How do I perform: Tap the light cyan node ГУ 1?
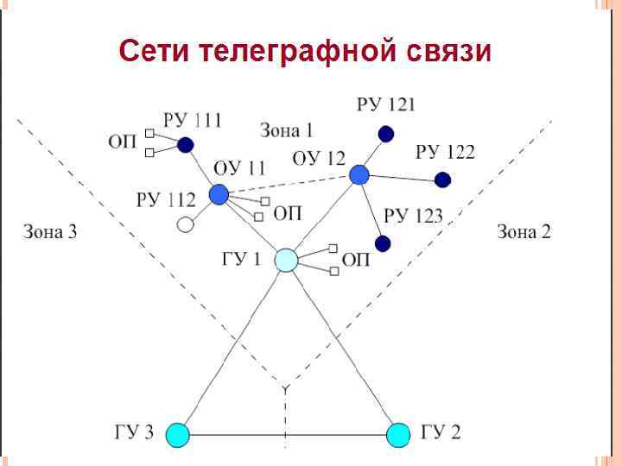click(287, 260)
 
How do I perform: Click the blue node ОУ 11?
click(219, 194)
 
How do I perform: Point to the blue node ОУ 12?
click(359, 175)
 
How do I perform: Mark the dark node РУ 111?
click(186, 145)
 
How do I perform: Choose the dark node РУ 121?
click(386, 134)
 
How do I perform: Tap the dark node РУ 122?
click(442, 179)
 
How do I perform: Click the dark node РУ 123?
click(383, 242)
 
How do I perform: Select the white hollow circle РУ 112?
click(185, 225)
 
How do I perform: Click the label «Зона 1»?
click(286, 130)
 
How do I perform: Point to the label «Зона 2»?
click(524, 231)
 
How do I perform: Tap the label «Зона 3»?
click(49, 231)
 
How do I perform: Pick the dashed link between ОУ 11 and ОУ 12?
click(289, 185)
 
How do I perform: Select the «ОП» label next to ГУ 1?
click(356, 260)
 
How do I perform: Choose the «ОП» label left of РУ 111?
click(122, 142)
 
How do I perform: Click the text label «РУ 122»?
click(445, 153)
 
